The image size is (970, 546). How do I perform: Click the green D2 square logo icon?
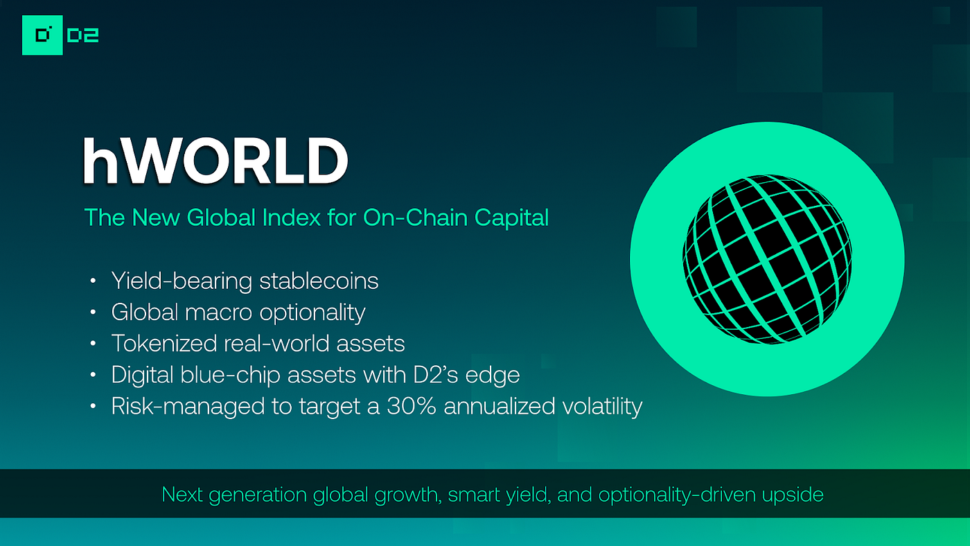pos(42,35)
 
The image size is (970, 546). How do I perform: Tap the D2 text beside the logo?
pos(83,35)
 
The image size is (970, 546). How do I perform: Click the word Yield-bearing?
pos(182,281)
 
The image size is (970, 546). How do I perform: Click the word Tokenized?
pos(163,344)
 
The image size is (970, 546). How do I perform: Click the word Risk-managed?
pos(182,406)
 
